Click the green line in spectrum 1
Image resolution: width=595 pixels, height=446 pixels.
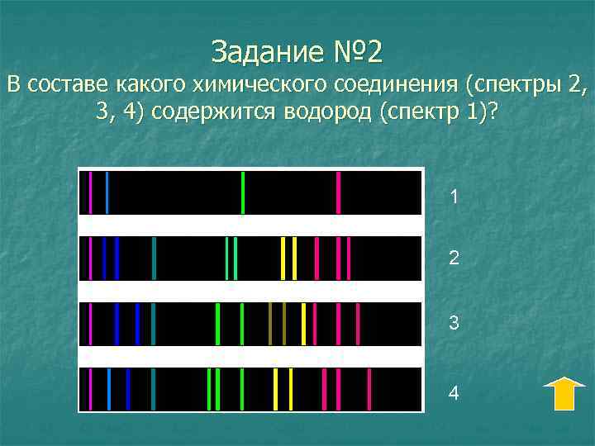242,192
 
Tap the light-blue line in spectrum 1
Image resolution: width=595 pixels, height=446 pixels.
107,192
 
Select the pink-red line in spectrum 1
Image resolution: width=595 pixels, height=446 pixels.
338,192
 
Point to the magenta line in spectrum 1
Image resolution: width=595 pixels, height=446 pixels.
90,192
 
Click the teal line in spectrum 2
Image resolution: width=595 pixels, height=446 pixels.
154,258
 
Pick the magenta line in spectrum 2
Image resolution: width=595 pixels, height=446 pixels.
90,258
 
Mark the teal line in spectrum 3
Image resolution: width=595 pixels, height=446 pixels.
154,324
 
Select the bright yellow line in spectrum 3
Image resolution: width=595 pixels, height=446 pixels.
303,324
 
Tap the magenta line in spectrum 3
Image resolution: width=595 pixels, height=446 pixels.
90,324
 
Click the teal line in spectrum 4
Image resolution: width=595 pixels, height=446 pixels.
154,389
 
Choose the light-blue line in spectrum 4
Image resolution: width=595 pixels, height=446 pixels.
109,389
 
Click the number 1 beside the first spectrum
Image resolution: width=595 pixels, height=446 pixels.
454,197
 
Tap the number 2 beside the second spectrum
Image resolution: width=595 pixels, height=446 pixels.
454,259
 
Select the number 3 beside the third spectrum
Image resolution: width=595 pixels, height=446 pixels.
454,324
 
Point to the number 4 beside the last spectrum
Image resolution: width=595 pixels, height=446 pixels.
454,393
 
